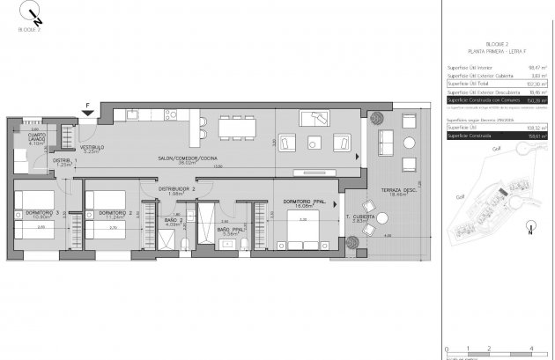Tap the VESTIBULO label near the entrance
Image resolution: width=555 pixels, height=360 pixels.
coord(93,147)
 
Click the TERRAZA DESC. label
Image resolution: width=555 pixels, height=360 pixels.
coord(399,191)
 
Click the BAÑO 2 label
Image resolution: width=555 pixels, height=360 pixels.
coord(174,221)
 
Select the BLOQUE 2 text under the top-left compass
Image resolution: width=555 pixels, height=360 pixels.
coord(30,29)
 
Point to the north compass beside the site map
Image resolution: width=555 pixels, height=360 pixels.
coord(529,231)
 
